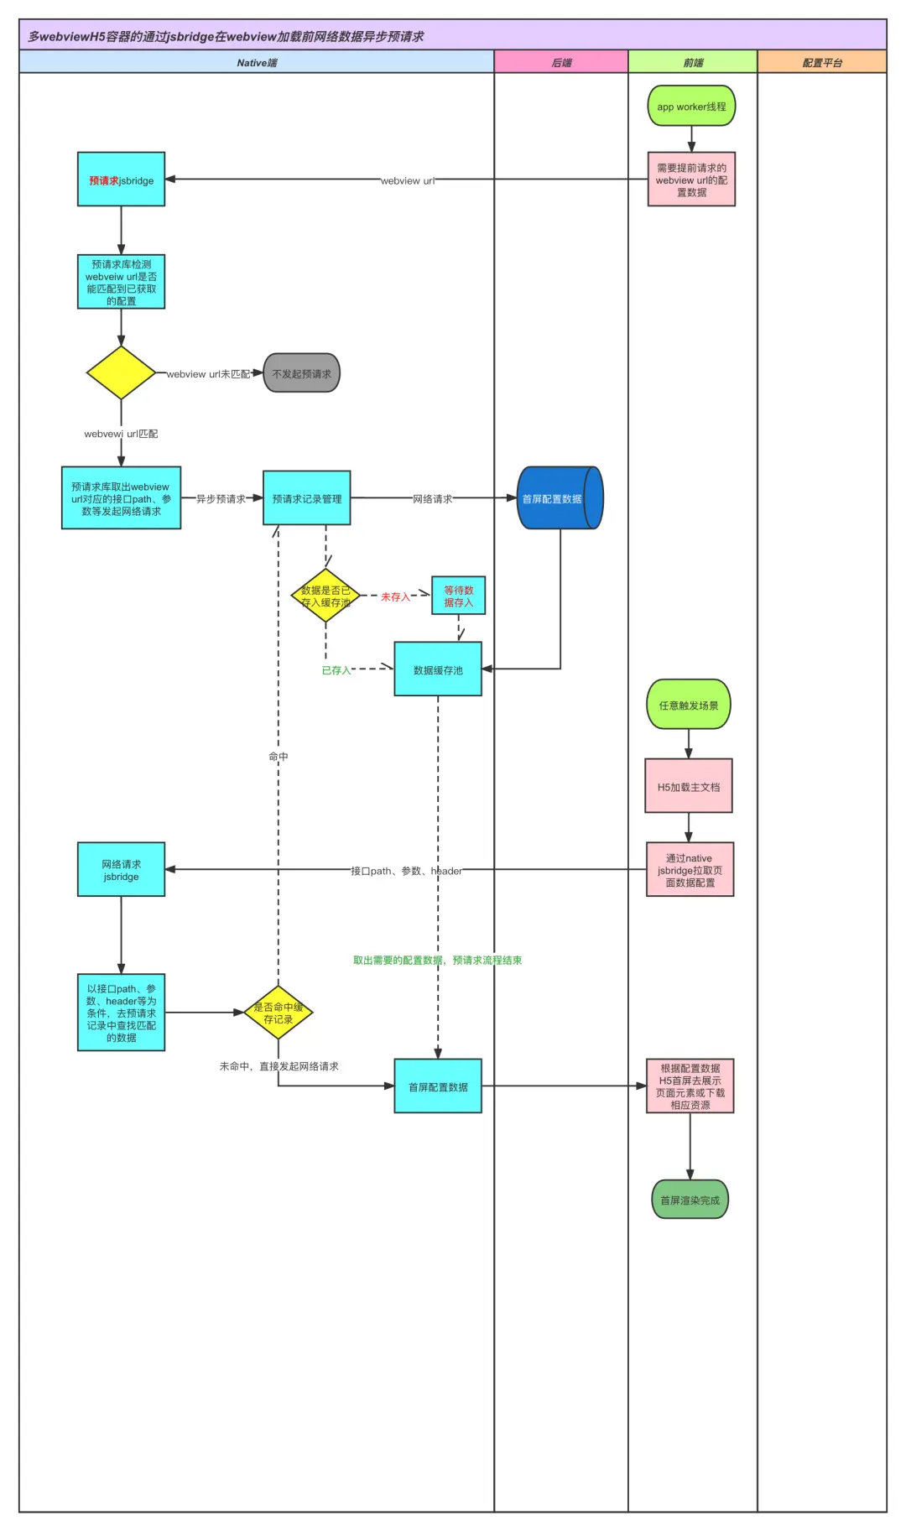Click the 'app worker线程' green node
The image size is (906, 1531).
691,107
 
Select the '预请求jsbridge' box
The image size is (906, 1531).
121,180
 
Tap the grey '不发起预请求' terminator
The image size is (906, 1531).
302,373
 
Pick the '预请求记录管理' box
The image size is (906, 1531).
307,498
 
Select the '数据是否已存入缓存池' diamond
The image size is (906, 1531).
325,596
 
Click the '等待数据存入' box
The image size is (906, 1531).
458,596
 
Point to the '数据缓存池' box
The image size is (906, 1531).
438,669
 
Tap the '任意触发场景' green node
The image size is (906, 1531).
689,705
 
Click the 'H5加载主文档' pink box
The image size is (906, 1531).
689,787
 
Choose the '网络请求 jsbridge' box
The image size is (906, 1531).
121,870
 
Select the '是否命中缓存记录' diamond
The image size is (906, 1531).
279,1013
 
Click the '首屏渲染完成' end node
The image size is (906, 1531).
690,1200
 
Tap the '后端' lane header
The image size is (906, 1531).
561,62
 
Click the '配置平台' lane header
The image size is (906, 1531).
822,62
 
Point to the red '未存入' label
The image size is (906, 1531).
395,596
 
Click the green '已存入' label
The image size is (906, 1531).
336,670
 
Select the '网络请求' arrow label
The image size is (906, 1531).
432,499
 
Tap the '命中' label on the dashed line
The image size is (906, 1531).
279,757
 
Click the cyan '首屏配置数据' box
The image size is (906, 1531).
438,1086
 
